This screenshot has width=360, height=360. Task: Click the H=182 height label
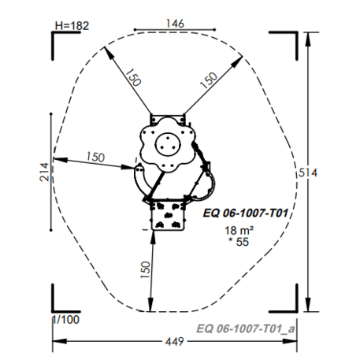[x=72, y=26]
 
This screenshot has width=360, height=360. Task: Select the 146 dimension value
[x=175, y=24]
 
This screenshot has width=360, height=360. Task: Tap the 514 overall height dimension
[x=308, y=173]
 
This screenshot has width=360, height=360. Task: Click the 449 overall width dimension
[x=175, y=342]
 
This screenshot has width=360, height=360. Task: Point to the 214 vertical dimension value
[x=44, y=172]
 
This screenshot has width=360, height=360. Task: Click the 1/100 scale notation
[x=65, y=320]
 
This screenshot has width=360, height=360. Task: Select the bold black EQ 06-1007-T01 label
[x=246, y=213]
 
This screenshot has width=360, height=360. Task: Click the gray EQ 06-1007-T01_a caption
[x=246, y=328]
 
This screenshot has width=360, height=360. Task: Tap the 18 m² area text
[x=239, y=231]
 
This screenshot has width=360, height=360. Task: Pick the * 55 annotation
[x=239, y=242]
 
